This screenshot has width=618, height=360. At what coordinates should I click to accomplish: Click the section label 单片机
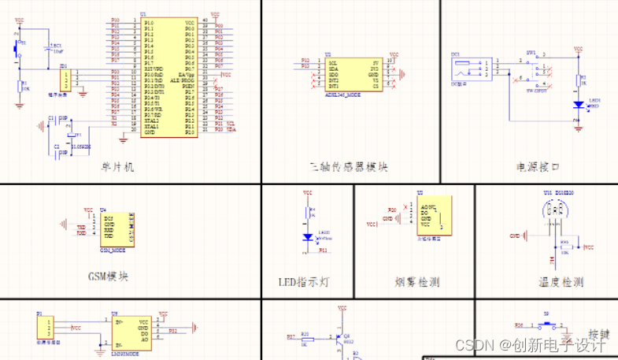point(119,167)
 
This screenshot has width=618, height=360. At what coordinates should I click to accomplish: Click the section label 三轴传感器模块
point(349,167)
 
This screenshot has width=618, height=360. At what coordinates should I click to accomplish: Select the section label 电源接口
point(537,167)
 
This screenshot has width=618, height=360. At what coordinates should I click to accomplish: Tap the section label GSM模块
point(108,276)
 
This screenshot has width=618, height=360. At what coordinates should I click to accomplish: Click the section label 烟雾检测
point(416,281)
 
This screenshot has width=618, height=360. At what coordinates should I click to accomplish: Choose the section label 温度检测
point(561,281)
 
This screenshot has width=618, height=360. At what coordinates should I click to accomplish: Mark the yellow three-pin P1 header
point(45,327)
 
